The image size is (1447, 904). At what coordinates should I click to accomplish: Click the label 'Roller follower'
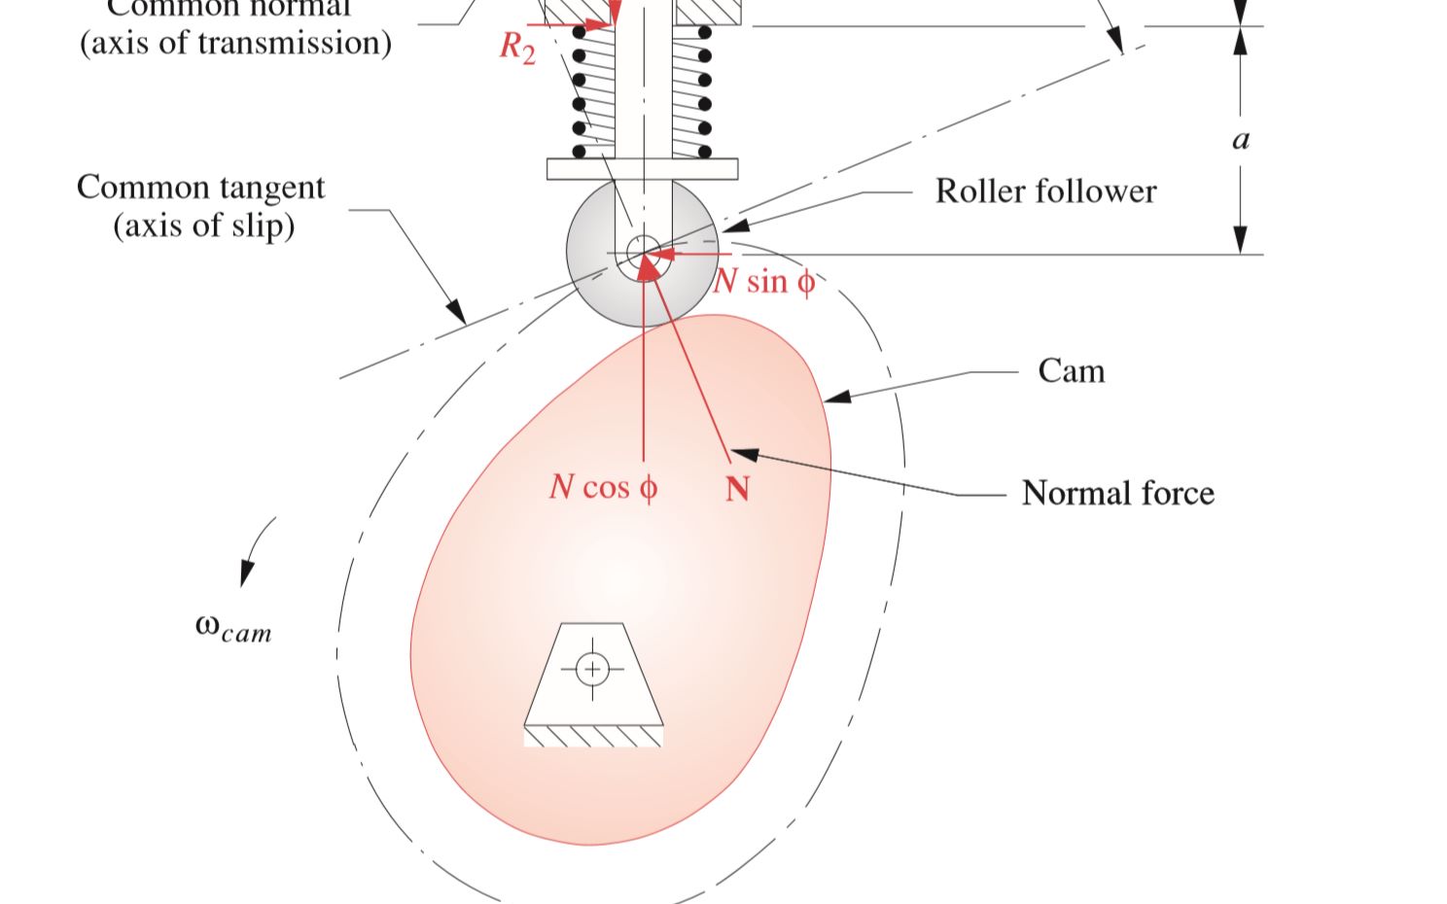(1045, 191)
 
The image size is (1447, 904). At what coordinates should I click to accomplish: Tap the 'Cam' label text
(1071, 371)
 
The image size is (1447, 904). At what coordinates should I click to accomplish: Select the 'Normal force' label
(1117, 494)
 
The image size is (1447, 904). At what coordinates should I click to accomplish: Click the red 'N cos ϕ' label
(603, 487)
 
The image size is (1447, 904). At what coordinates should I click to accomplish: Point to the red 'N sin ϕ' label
(764, 282)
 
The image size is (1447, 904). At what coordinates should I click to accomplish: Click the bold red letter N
(737, 488)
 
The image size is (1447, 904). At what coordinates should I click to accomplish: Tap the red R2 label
(517, 47)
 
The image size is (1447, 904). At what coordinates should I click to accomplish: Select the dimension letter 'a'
(1241, 141)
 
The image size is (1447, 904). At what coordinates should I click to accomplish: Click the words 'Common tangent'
(200, 187)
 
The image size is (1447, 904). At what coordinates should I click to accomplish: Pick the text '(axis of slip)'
(203, 226)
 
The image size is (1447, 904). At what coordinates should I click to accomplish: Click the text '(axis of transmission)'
(235, 43)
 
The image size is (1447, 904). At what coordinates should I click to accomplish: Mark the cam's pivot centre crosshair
(592, 669)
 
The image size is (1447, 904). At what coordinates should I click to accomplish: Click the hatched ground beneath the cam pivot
(593, 737)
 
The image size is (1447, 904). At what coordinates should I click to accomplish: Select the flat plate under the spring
(642, 169)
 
